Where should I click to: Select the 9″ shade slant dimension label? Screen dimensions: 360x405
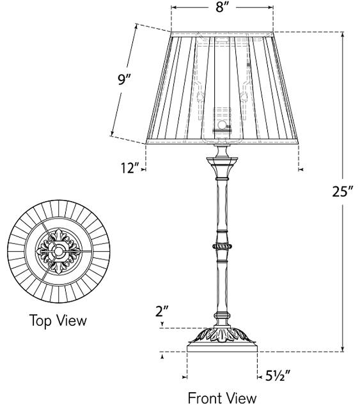pos(123,79)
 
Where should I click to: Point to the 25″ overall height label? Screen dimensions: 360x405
pos(343,192)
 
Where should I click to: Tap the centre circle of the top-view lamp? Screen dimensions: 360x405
pos(58,250)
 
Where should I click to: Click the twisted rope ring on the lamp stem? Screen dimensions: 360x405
pos(222,246)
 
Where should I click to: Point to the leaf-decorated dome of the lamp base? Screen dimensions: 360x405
pos(222,336)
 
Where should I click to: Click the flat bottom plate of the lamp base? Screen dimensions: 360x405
pos(222,348)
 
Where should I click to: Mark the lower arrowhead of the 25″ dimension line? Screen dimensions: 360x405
pos(343,349)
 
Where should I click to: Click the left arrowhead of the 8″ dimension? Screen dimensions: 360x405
pos(174,8)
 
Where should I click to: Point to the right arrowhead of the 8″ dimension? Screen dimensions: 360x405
pos(270,8)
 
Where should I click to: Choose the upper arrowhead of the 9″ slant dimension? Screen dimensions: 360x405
pos(136,26)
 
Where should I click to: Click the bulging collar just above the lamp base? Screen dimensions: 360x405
pos(222,316)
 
